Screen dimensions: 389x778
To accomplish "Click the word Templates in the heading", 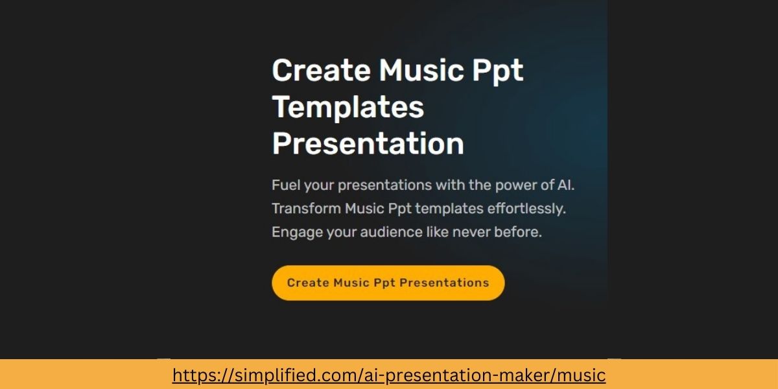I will pyautogui.click(x=348, y=107).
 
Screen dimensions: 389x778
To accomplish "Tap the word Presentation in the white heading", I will pyautogui.click(x=368, y=143).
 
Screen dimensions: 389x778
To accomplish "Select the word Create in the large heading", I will pyautogui.click(x=320, y=70).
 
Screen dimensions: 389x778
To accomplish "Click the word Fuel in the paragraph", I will pyautogui.click(x=285, y=185).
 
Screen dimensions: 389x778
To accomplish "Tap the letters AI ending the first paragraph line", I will pyautogui.click(x=565, y=185).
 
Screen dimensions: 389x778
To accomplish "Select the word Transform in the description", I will pyautogui.click(x=306, y=209).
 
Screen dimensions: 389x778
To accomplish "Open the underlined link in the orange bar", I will pyautogui.click(x=388, y=375).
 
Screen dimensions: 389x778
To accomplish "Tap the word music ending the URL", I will pyautogui.click(x=582, y=375).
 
